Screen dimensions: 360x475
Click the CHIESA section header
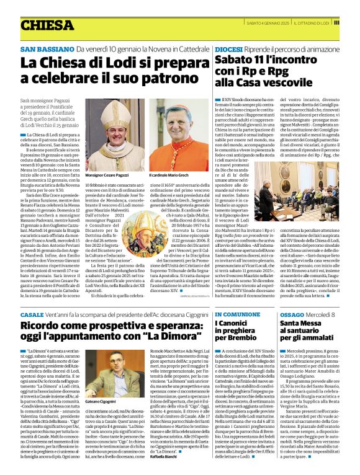[47, 25]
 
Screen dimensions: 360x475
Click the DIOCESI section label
[228, 48]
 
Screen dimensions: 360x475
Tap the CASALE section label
[32, 315]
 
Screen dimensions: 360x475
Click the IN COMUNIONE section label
[238, 315]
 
